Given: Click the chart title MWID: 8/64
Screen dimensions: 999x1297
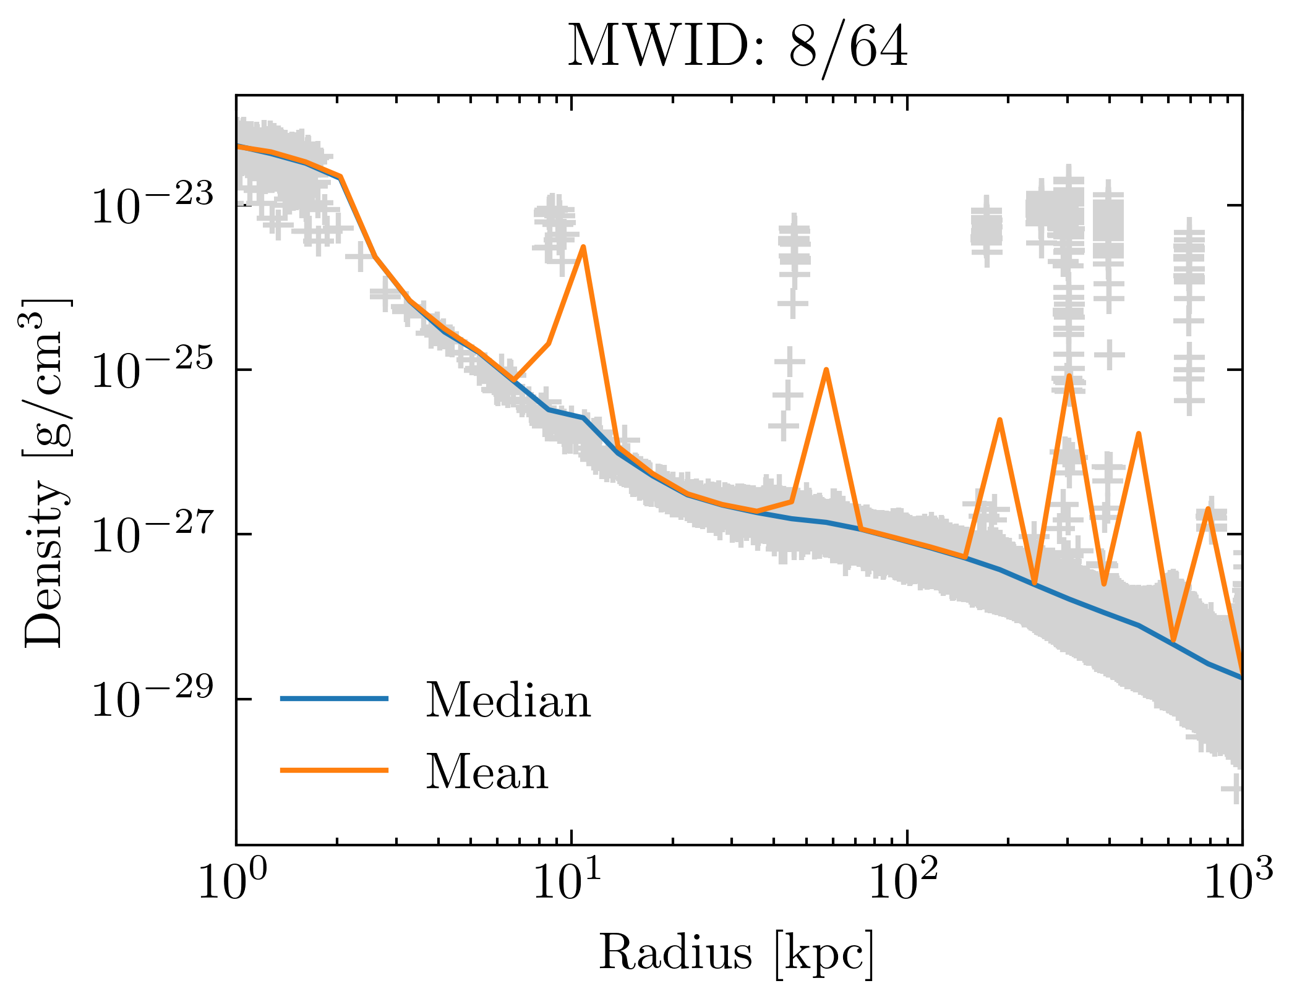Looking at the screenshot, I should tap(738, 47).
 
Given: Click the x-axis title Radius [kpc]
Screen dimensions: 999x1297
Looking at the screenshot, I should tap(736, 953).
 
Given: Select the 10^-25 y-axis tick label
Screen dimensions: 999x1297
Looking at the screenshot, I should tap(152, 370).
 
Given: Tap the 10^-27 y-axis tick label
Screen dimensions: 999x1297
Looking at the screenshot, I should tap(152, 534).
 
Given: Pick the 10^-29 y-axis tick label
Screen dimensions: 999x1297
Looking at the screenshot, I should tap(152, 699).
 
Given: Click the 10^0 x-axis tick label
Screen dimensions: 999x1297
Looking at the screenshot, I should tap(231, 882).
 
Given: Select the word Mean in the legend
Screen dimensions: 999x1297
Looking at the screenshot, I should tap(487, 772).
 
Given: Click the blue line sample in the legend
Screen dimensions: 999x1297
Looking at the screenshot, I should tap(334, 699).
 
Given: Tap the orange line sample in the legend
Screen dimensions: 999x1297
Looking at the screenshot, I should tap(334, 770).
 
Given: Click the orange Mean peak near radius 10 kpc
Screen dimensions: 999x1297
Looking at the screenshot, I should tap(583, 248).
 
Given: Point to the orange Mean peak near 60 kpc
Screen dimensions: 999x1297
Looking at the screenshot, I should tap(826, 370).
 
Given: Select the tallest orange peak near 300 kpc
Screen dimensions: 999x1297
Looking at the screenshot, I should tap(1069, 376).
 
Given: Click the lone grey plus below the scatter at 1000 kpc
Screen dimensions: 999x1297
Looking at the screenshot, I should tap(1235, 788).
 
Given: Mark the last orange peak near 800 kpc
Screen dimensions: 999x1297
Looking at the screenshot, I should tap(1208, 509).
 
